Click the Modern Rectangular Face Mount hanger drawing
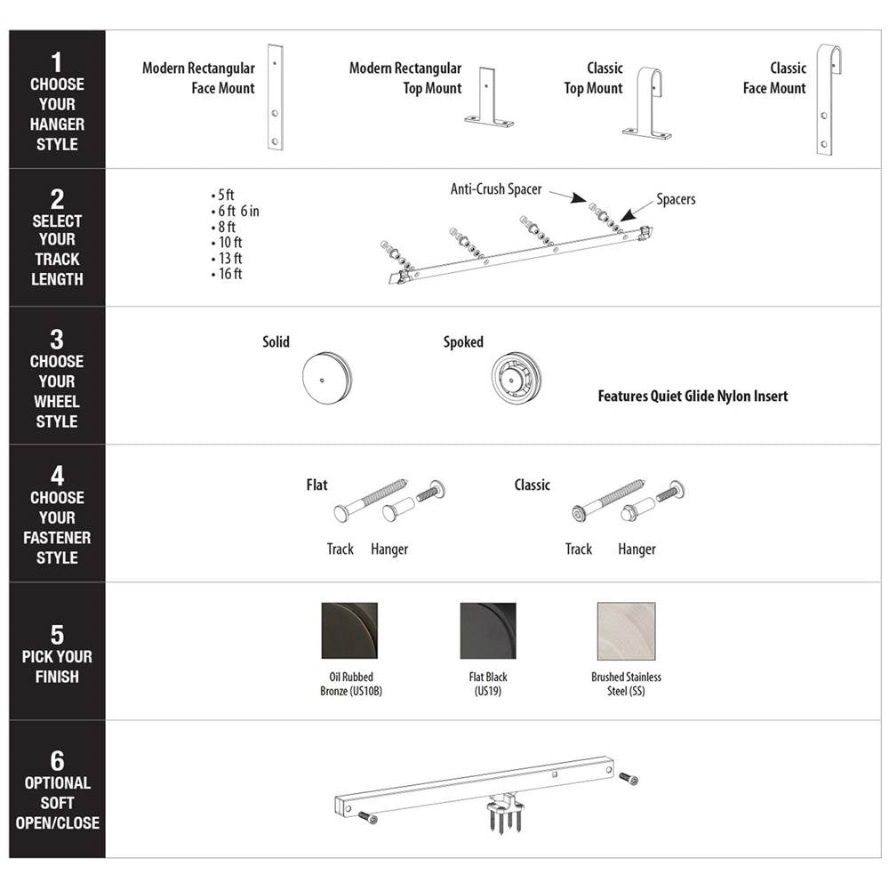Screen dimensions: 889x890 point(276,97)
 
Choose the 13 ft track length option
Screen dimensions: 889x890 point(227,258)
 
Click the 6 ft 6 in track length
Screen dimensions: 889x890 point(235,211)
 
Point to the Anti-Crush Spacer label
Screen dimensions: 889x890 point(496,189)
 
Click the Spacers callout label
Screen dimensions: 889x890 point(676,199)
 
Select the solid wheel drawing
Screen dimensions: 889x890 point(326,378)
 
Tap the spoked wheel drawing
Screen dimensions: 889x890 point(516,378)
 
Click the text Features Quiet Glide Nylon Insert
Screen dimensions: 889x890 point(693,397)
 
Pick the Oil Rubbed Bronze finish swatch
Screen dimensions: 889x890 point(349,630)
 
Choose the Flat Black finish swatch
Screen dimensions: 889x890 point(488,630)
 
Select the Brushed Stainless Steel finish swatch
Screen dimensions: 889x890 point(626,631)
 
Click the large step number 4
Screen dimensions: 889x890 point(57,476)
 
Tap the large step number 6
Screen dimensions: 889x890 point(57,760)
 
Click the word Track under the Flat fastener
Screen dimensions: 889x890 point(340,549)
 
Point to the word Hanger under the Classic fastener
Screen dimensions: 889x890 point(637,549)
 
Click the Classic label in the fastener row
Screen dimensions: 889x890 point(532,485)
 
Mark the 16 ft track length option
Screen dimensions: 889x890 point(227,274)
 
